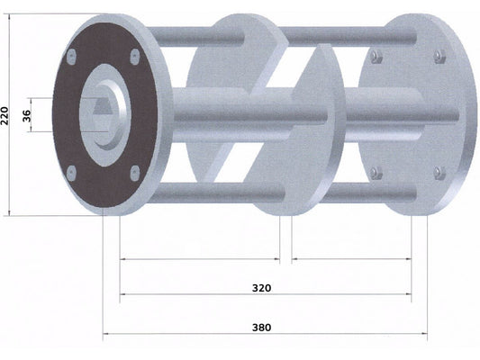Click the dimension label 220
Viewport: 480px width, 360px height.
tap(5, 115)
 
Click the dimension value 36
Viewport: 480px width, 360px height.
tap(27, 115)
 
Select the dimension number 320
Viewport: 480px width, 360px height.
tap(261, 288)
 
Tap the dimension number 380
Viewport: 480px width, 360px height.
tap(261, 328)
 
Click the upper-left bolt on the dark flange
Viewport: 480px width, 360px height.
tap(71, 57)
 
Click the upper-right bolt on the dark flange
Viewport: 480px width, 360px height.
tap(135, 57)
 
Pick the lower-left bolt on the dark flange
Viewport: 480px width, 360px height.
tap(71, 174)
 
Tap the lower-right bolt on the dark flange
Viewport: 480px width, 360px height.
tap(135, 173)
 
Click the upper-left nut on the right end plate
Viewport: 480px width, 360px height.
tap(376, 57)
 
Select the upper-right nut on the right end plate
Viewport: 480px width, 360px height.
tap(439, 57)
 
